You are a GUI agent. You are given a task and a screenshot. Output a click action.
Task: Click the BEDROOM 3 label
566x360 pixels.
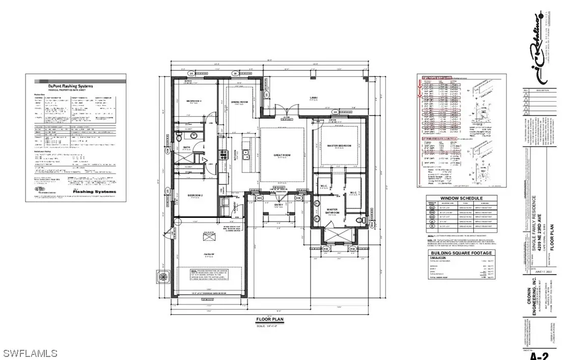coord(194,102)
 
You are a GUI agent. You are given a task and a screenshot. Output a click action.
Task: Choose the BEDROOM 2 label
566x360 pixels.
coord(194,195)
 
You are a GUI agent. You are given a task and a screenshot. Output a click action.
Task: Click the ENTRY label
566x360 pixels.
coord(278,205)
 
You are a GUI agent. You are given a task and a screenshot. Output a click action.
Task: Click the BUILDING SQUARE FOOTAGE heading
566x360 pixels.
coord(462,253)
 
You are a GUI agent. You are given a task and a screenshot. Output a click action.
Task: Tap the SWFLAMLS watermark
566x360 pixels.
coord(29,352)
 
